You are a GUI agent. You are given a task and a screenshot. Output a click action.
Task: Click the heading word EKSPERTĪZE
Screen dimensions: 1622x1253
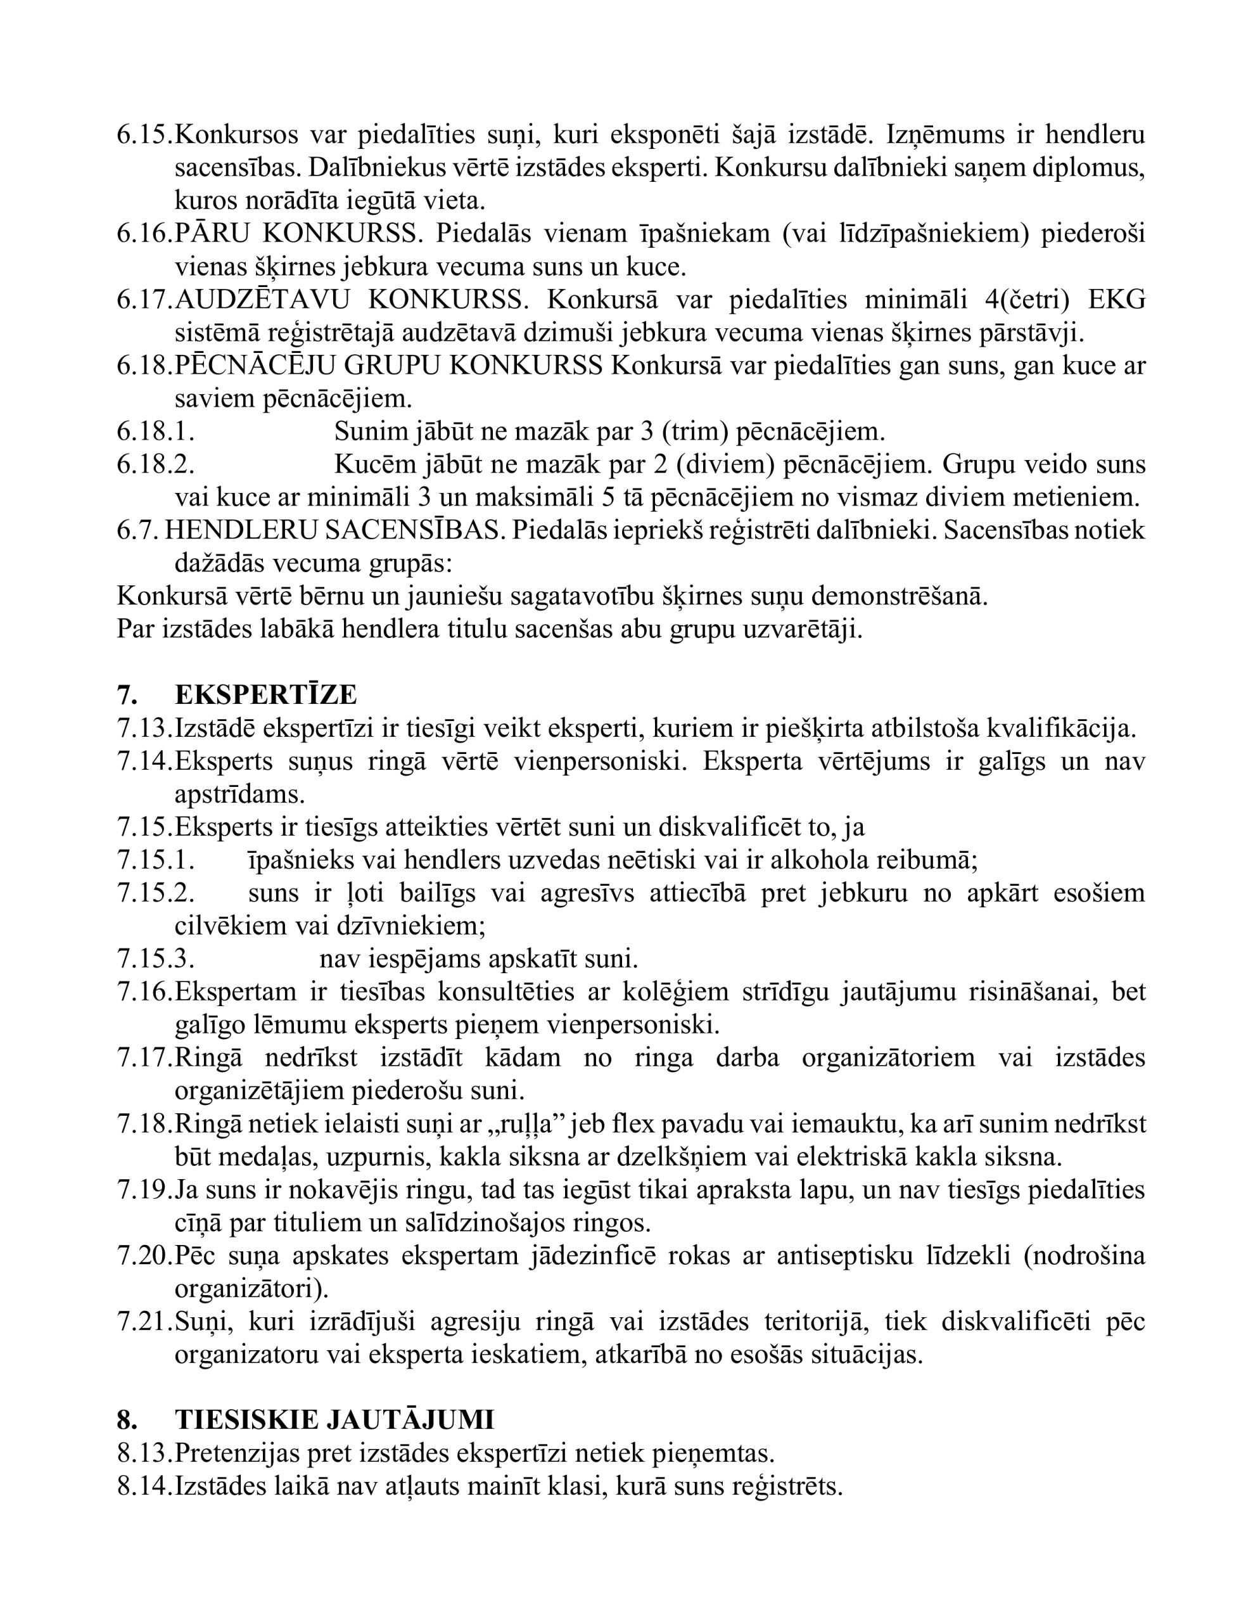point(266,694)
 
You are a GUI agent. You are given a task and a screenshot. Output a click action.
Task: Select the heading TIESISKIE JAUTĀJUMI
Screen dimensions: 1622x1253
point(334,1419)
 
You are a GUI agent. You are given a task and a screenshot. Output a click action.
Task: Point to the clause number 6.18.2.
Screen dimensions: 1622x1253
point(155,464)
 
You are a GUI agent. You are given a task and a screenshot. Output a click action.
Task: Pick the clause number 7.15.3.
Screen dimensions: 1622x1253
point(155,959)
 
